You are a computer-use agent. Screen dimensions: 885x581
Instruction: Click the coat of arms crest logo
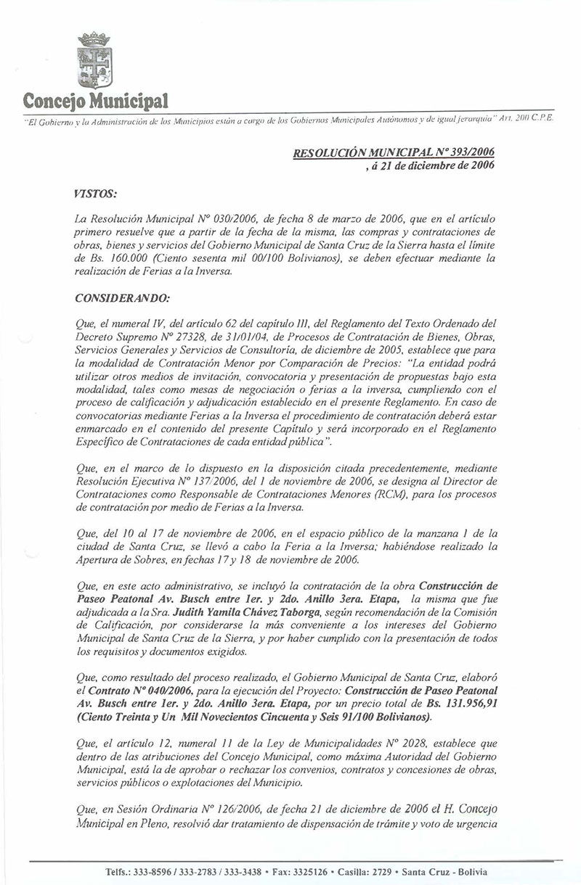[x=94, y=62]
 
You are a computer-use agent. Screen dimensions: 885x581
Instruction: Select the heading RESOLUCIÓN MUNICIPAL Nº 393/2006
[x=393, y=152]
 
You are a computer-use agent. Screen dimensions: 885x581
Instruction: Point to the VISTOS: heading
[x=96, y=193]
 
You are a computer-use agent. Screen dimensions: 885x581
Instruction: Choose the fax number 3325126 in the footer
[x=310, y=872]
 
